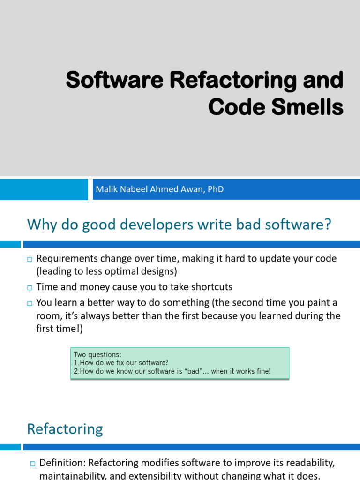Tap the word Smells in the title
pos(308,107)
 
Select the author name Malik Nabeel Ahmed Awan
pos(148,189)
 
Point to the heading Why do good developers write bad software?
pos(179,225)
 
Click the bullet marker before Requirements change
pos(30,259)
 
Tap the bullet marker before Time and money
pos(30,287)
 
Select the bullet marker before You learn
pos(30,303)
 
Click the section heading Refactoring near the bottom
pos(65,429)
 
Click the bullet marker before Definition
pos(33,464)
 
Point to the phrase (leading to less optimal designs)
pos(106,271)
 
